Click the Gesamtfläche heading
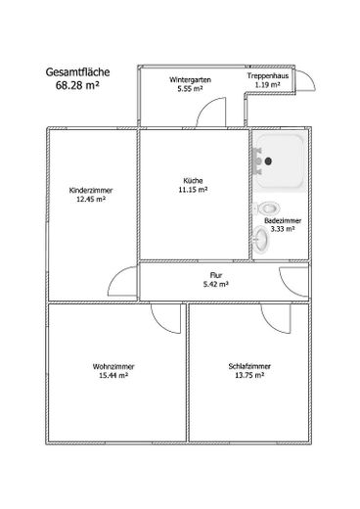[x=77, y=71]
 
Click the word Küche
[x=192, y=179]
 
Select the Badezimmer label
[x=283, y=222]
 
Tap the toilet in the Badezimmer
[x=269, y=208]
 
